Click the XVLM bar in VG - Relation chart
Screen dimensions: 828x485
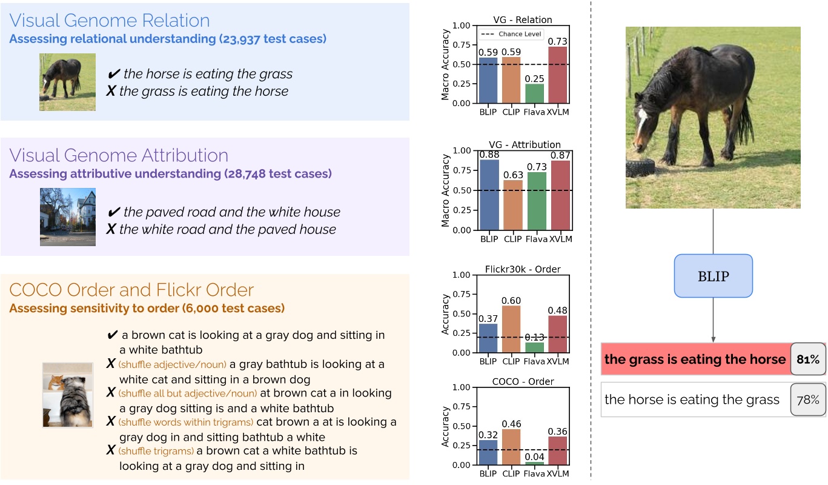(x=557, y=75)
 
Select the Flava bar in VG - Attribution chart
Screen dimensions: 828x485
(x=537, y=201)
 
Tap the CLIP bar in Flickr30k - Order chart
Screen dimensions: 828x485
(x=511, y=329)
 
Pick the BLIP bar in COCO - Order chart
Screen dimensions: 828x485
(x=488, y=452)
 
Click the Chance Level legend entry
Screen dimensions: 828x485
(x=511, y=34)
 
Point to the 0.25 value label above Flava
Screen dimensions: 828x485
(x=534, y=79)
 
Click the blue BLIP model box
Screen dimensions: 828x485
(x=713, y=276)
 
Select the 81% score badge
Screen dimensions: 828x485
(x=808, y=360)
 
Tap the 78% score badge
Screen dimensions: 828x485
(x=808, y=400)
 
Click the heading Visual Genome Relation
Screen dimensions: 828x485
(x=110, y=21)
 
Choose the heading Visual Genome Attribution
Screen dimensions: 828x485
(x=119, y=155)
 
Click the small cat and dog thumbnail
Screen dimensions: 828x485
(x=68, y=395)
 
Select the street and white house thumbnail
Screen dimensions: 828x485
(x=68, y=217)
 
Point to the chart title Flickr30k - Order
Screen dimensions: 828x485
(x=523, y=269)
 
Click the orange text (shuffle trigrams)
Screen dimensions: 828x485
(x=156, y=451)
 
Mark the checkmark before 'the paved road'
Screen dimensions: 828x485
(x=113, y=212)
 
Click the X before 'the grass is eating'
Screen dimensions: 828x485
(x=111, y=91)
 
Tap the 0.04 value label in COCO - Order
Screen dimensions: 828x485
(x=534, y=457)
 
